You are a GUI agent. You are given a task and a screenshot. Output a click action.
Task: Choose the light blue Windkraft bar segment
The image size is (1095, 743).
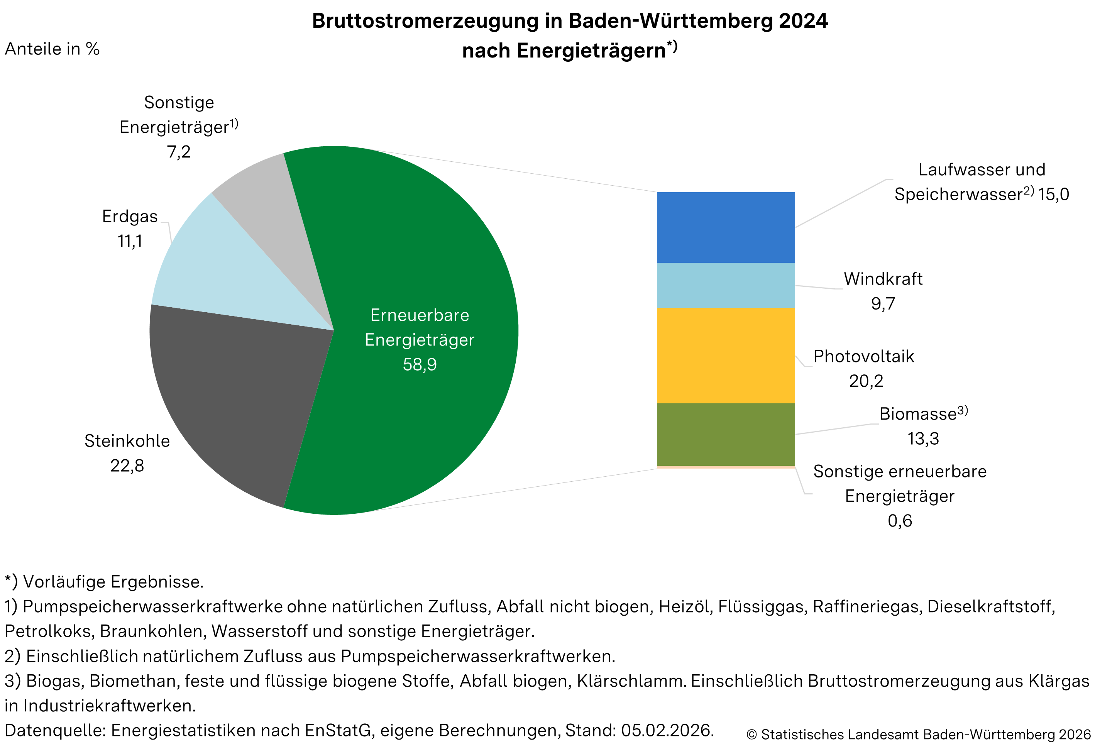click(726, 285)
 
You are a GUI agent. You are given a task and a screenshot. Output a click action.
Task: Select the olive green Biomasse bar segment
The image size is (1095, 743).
click(726, 434)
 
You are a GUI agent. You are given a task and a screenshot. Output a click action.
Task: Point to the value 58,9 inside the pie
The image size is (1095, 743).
click(419, 365)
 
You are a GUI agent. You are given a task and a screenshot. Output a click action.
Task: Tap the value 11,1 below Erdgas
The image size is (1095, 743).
click(130, 241)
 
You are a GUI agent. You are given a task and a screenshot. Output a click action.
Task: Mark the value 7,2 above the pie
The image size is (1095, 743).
click(179, 152)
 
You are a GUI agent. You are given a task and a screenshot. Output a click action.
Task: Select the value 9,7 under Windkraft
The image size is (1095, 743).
click(882, 304)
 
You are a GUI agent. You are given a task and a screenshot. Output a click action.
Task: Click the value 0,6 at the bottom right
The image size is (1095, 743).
click(899, 521)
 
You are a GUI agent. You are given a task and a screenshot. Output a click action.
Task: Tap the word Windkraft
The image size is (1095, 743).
click(882, 279)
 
